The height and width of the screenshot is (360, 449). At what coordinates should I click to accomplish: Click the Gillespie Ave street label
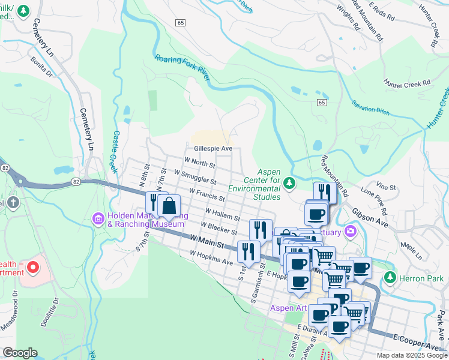pos(212,148)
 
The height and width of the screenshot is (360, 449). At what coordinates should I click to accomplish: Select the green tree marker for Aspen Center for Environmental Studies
pos(290,182)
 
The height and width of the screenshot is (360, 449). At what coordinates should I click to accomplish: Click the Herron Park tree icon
pos(391,277)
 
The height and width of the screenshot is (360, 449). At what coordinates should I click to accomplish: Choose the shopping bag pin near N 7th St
pos(170,205)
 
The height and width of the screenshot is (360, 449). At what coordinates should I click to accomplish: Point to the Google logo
pos(20,353)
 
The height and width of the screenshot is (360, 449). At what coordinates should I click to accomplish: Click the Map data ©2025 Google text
pos(411,355)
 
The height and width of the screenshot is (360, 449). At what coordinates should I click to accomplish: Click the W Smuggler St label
pos(194,176)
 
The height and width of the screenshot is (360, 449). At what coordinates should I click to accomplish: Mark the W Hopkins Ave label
pos(211,258)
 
